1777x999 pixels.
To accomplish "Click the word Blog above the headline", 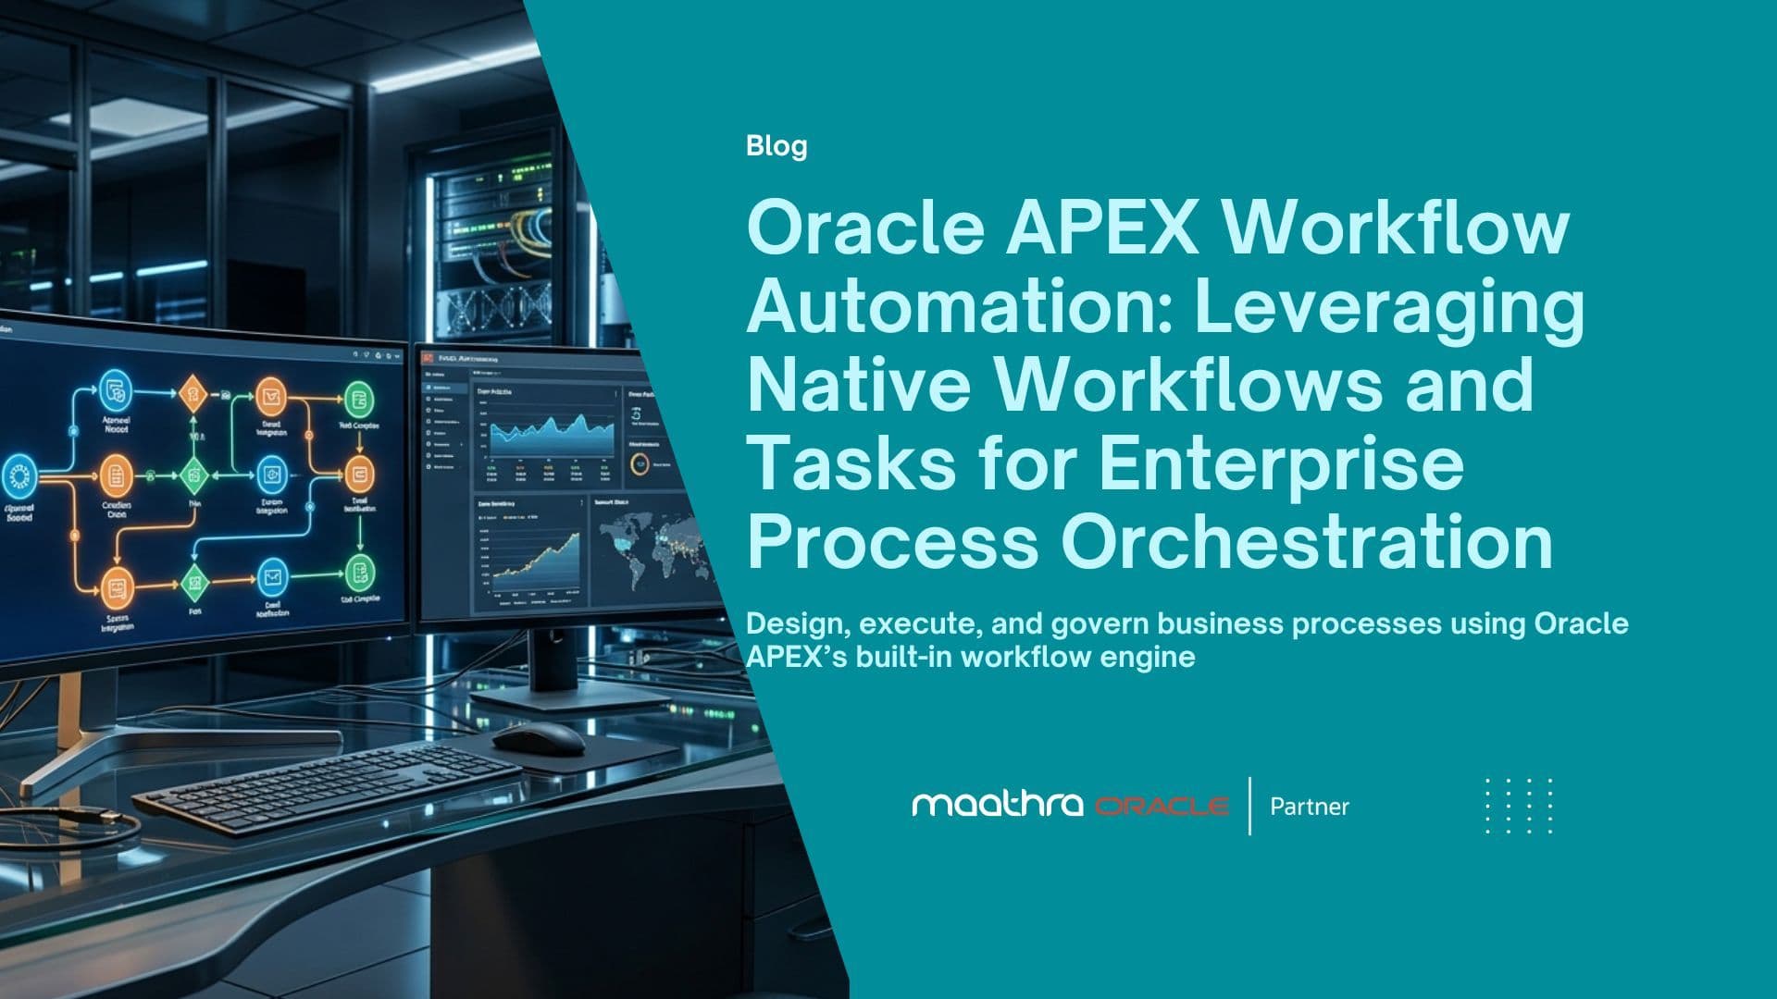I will click(777, 146).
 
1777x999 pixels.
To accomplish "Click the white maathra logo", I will click(997, 805).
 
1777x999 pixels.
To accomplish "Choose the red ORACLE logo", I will click(1162, 807).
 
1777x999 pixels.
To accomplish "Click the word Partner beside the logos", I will click(1309, 807).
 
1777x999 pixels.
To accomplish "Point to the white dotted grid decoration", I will click(1519, 806).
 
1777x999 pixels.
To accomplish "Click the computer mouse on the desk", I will click(538, 737).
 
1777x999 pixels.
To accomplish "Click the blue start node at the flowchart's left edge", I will click(19, 477).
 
